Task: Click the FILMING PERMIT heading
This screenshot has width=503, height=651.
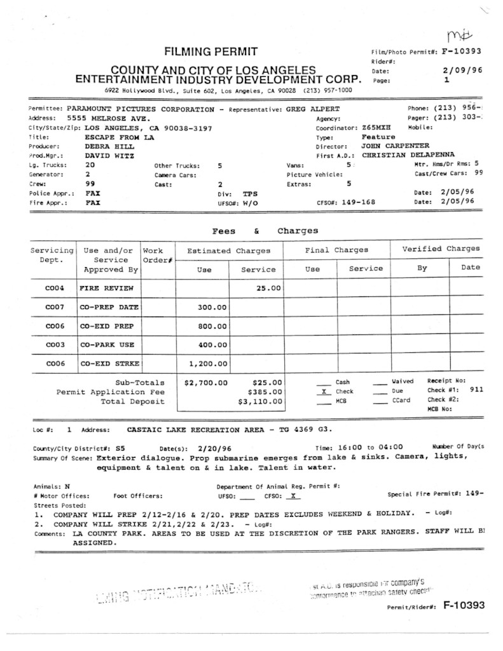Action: pos(211,51)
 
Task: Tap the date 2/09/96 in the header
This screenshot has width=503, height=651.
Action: pos(462,71)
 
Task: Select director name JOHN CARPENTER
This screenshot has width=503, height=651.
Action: pos(396,146)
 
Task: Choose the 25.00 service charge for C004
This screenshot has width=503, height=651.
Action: pos(268,289)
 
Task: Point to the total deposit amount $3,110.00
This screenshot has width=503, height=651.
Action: pos(259,402)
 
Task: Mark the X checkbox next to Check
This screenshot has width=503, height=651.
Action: pos(324,392)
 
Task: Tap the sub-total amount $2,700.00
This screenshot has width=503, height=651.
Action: pos(205,383)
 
